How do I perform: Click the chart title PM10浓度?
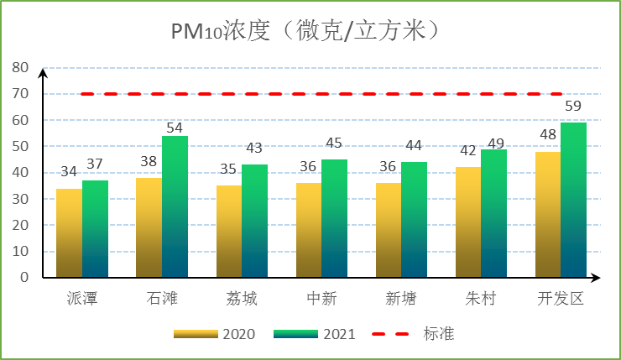(x=306, y=31)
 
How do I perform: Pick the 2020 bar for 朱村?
(x=468, y=222)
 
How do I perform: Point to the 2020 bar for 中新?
(x=309, y=230)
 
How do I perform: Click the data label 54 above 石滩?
(x=175, y=128)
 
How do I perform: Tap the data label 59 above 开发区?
(x=573, y=107)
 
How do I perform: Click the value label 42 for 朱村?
(x=468, y=152)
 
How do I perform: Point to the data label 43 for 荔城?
(x=254, y=149)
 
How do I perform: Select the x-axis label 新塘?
(x=400, y=299)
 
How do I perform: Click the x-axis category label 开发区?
(x=561, y=299)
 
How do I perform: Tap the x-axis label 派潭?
(x=81, y=299)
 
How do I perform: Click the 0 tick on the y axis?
(x=24, y=277)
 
